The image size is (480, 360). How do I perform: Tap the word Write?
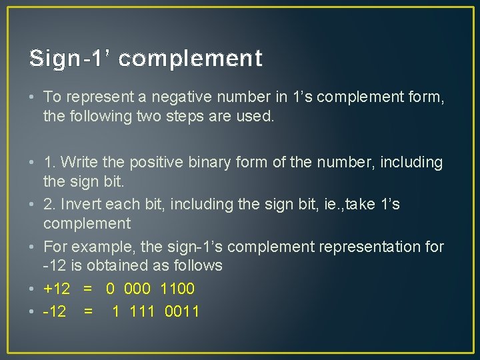pyautogui.click(x=88, y=162)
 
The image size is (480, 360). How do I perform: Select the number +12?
pyautogui.click(x=57, y=289)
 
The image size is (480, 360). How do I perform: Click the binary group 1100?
pyautogui.click(x=177, y=289)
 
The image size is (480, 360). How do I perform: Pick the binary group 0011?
pyautogui.click(x=181, y=311)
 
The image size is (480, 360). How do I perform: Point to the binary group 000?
pyautogui.click(x=137, y=289)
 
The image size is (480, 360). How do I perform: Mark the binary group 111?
pyautogui.click(x=142, y=311)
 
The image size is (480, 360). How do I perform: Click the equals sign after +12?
pyautogui.click(x=87, y=289)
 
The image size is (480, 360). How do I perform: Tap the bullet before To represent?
pyautogui.click(x=33, y=97)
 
